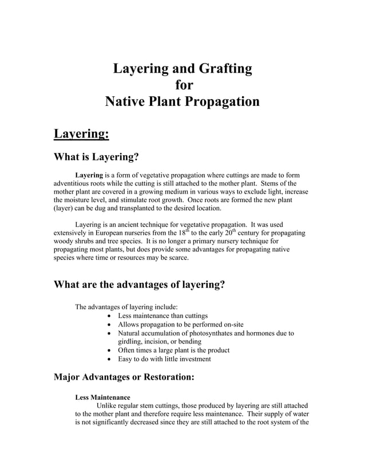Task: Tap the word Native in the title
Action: [x=126, y=103]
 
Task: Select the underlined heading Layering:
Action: [x=81, y=133]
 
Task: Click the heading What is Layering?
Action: [x=96, y=157]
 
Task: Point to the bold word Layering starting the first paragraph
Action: [x=89, y=175]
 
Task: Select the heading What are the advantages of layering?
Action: [x=138, y=285]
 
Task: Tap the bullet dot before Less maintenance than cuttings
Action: [x=110, y=316]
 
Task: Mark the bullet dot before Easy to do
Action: [x=110, y=359]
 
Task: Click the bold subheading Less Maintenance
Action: [x=102, y=397]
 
